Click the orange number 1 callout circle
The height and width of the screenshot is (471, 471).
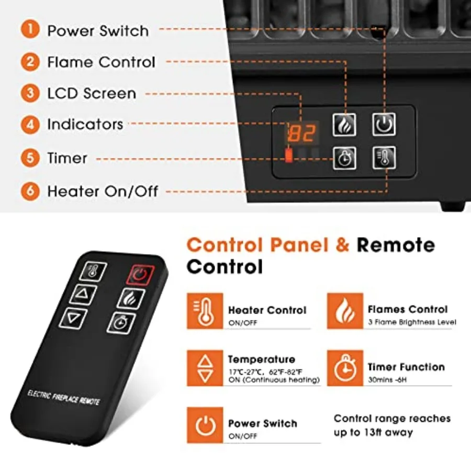30,29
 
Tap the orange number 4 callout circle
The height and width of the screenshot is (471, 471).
30,125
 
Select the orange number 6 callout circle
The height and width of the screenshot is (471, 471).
30,190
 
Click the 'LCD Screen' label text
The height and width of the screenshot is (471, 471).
92,94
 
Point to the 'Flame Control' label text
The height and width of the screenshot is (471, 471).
101,62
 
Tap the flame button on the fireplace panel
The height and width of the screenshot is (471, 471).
344,125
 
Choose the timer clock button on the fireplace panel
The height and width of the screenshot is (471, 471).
344,158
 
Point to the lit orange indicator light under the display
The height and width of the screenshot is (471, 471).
288,156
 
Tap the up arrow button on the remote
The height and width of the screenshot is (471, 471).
82,295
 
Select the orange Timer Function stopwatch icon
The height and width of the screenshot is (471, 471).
344,368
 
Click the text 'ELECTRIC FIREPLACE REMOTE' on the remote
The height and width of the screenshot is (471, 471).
63,398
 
